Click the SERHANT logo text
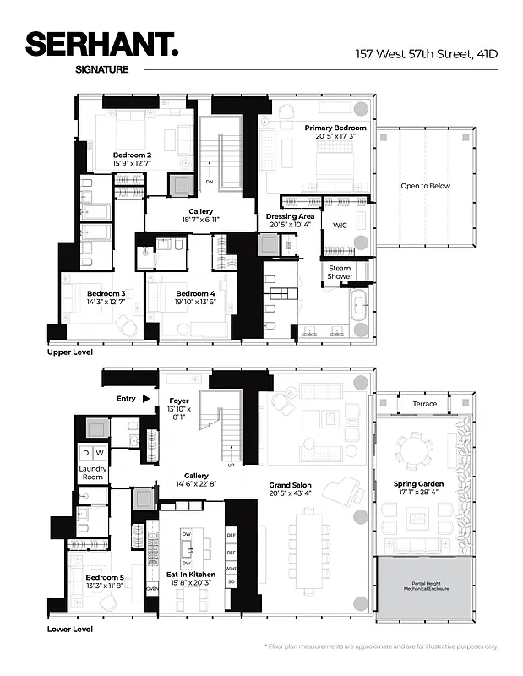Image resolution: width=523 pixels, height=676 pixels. pos(101,44)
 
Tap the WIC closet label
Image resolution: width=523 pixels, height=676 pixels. pos(340,226)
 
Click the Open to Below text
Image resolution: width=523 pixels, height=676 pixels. pos(425,186)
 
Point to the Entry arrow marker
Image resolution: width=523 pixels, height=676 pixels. pos(146,398)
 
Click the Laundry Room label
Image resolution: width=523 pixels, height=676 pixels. pos(91,472)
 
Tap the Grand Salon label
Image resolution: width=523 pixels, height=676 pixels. pos(291,488)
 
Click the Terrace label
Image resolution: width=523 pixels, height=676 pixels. pos(425,404)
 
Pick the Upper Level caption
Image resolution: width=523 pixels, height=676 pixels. pos(70,351)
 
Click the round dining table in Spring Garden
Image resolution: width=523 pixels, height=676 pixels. pos(413,449)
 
